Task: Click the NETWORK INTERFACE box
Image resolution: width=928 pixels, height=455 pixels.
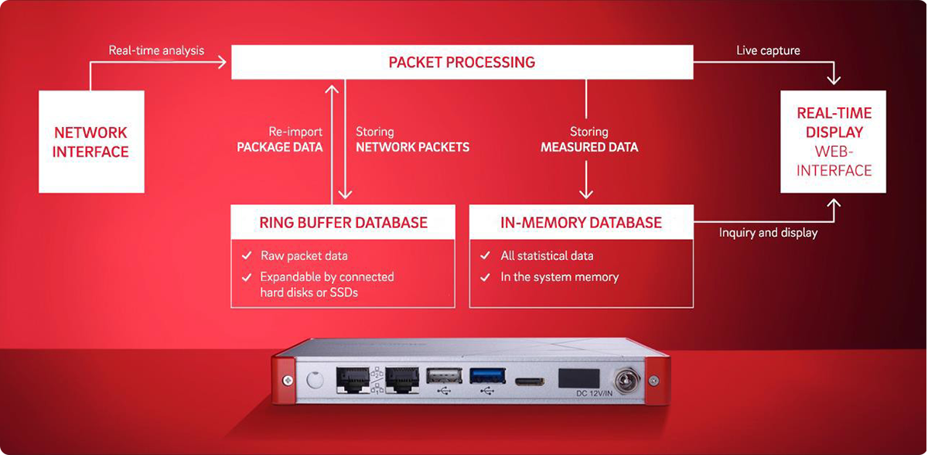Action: coord(90,142)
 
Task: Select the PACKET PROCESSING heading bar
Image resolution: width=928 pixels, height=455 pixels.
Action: coord(462,62)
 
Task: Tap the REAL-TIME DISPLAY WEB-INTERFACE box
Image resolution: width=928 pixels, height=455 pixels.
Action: coord(834,142)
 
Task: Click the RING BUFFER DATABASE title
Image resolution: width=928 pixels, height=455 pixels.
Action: coord(343,223)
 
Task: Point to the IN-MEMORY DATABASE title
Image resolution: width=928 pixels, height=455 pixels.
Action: coord(581,223)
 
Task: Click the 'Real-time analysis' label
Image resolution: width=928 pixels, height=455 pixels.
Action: coord(156,50)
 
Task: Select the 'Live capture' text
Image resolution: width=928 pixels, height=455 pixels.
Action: coord(768,50)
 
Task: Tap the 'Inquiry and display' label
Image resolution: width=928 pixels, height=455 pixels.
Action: coord(768,232)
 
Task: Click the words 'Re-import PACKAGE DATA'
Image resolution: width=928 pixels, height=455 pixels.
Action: coord(279,139)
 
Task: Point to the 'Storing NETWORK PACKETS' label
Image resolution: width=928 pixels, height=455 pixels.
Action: coord(412,139)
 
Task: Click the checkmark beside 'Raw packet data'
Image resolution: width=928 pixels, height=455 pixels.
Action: coord(246,255)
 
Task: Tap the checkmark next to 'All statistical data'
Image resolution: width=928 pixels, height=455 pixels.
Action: coord(485,255)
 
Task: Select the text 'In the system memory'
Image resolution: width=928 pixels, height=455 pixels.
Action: coord(559,276)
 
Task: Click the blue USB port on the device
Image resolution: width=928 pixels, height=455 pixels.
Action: coord(487,375)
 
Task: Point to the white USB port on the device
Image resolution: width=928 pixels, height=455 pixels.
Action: coord(444,375)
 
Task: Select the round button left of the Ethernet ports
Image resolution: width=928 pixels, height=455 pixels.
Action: coord(313,381)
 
